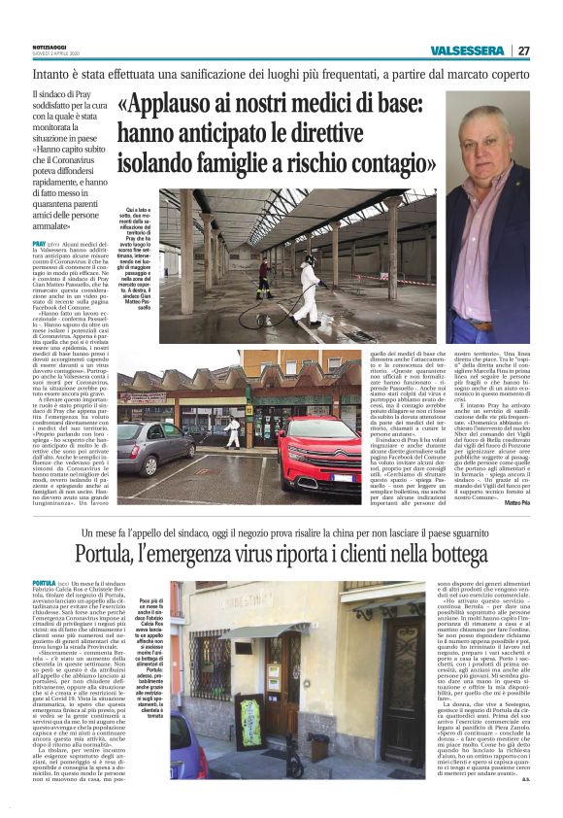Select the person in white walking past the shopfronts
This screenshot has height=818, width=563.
coord(234,428)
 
